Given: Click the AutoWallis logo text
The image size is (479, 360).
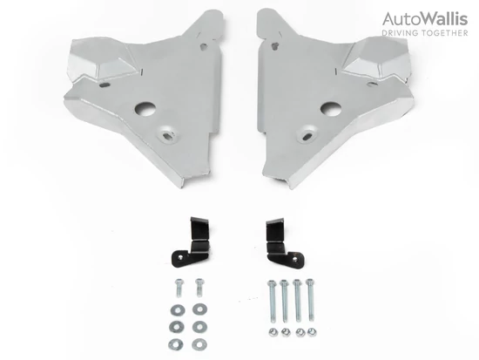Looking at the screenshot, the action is tap(425, 19).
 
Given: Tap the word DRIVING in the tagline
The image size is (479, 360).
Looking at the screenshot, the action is tap(400, 33).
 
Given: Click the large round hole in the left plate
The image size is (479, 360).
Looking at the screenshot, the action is tap(146, 109).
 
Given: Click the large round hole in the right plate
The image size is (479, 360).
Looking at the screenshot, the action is tap(331, 109).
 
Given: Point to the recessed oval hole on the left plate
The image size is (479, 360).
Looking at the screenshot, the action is tap(167, 133).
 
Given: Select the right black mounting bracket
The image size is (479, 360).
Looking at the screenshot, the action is tap(284, 242).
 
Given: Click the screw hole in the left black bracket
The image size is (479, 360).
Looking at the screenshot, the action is tap(182, 257).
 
